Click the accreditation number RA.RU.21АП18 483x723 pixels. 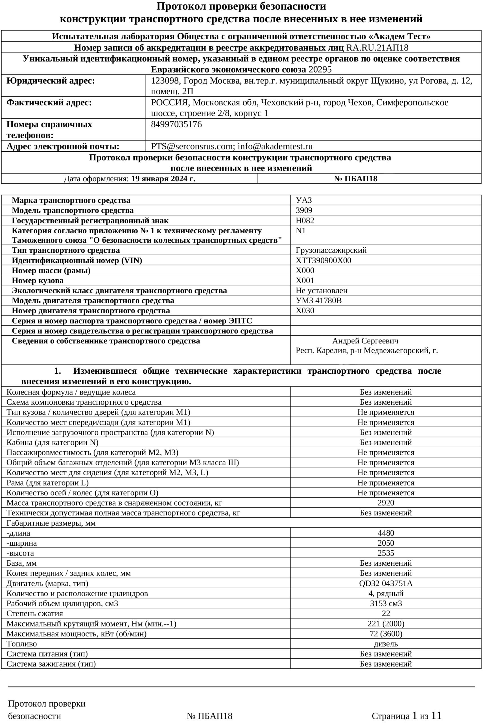(377, 47)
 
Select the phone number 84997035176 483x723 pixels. (176, 124)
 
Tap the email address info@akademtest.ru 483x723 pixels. (275, 146)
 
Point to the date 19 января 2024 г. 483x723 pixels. (163, 179)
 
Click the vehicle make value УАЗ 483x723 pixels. (304, 200)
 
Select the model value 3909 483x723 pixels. (304, 210)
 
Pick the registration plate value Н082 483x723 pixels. (305, 220)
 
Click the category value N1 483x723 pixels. (301, 230)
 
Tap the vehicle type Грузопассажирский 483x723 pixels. (331, 250)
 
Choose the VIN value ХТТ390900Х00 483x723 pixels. (323, 260)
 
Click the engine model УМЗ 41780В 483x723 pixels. (318, 300)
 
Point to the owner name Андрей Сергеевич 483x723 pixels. (365, 341)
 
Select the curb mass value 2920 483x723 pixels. (386, 503)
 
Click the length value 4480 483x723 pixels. (386, 533)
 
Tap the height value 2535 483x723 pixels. (386, 553)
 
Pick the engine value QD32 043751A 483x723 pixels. (386, 583)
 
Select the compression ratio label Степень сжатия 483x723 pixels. (35, 613)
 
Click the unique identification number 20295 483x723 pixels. (320, 69)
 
